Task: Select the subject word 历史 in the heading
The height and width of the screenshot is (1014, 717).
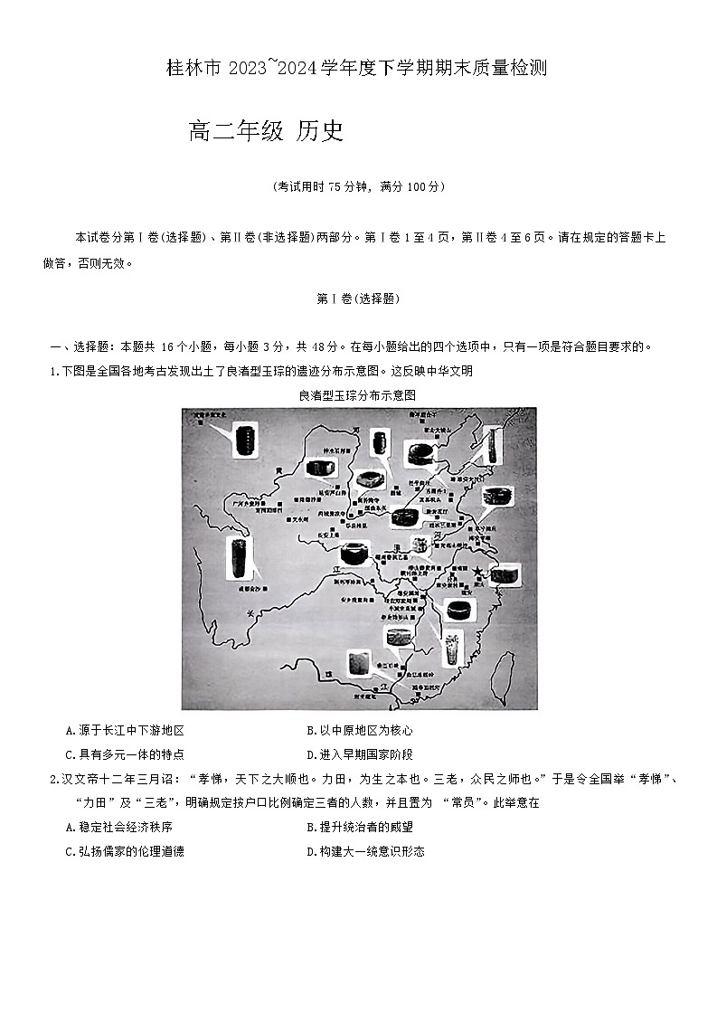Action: click(320, 132)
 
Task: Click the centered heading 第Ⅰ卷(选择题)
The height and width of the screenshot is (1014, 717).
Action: click(358, 299)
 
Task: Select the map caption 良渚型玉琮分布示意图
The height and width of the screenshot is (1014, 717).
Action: click(357, 395)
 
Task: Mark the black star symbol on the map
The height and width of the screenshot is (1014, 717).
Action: click(477, 572)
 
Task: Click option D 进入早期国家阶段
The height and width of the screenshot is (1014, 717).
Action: click(359, 754)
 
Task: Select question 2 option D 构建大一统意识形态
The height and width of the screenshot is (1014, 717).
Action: click(365, 851)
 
